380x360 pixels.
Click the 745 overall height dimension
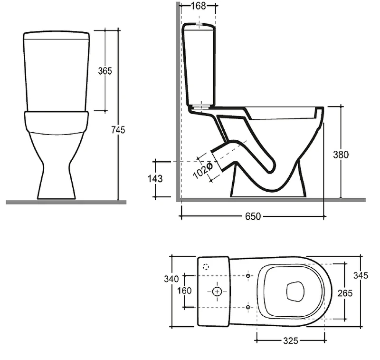pos(118,130)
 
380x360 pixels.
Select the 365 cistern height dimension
pos(105,71)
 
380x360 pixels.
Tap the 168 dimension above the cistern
pos(198,6)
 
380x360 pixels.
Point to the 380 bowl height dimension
pos(341,155)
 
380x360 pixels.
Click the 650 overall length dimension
pos(253,216)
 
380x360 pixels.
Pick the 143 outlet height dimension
pos(155,178)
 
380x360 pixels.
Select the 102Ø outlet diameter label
pos(203,171)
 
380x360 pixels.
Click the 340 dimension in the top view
pos(171,279)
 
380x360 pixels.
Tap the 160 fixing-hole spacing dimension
pos(184,291)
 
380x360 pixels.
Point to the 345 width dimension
pos(361,275)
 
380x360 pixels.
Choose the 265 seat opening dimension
pos(345,293)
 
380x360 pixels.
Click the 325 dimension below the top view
pos(291,341)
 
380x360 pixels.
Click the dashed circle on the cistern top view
pos(206,267)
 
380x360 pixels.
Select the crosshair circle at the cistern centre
pos(217,292)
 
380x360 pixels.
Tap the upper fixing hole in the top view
pos(248,275)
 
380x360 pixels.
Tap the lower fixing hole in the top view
pos(248,307)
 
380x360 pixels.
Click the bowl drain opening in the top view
pos(295,292)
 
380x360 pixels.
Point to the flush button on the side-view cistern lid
pos(199,24)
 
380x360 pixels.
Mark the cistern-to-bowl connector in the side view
pos(199,107)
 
